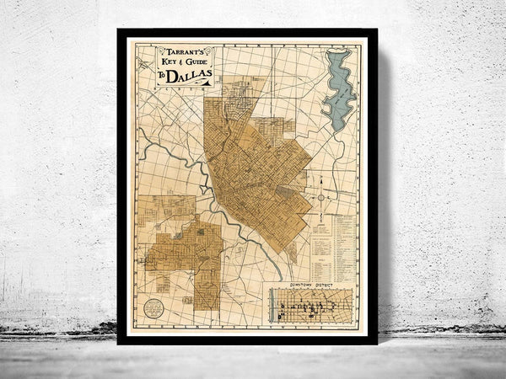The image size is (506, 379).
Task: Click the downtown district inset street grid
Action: pyautogui.click(x=313, y=307)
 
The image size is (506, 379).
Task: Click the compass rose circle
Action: pyautogui.click(x=321, y=197)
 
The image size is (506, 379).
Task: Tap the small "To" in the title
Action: pyautogui.click(x=161, y=77)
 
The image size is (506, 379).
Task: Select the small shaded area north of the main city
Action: pyautogui.click(x=244, y=89)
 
